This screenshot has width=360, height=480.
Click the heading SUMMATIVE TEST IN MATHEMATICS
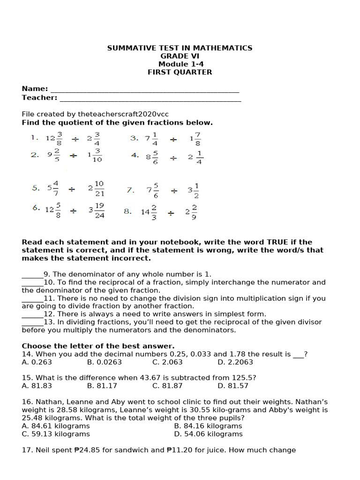coord(180,48)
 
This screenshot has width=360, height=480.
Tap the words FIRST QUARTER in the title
coord(180,72)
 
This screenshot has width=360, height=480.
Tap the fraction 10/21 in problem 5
coord(99,188)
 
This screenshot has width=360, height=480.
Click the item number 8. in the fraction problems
coord(127,211)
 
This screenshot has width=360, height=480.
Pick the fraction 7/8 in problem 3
coord(198,139)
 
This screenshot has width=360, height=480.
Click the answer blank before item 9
coord(32,275)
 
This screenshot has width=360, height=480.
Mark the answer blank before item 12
coord(32,315)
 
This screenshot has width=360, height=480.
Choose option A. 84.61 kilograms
coord(56,426)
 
